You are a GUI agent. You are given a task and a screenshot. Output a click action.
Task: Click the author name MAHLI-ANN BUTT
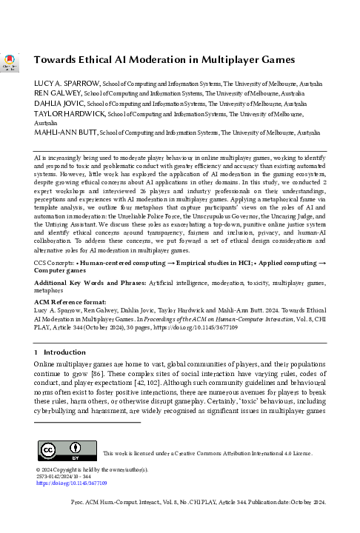[x=65, y=133]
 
